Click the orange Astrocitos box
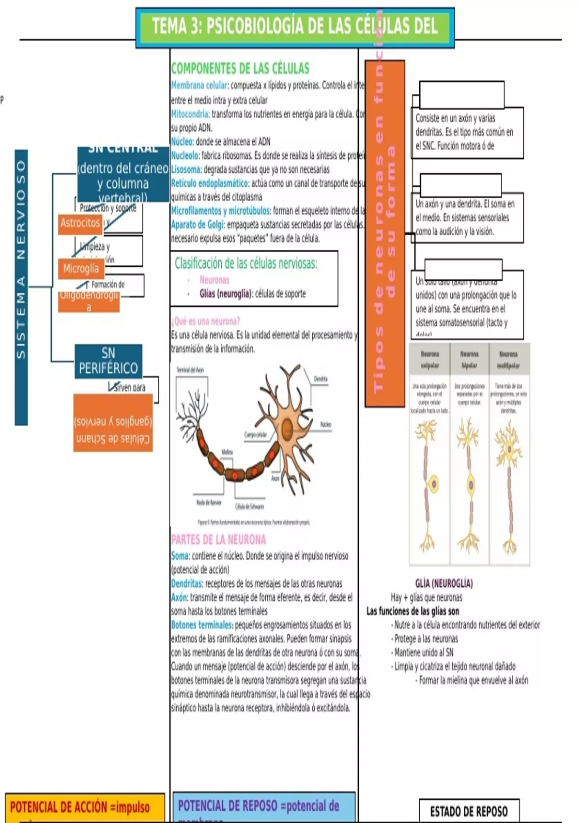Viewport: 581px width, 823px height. click(80, 223)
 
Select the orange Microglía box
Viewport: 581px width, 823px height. click(81, 269)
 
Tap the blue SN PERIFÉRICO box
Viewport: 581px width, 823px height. click(108, 361)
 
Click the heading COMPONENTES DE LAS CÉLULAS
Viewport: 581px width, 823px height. click(240, 68)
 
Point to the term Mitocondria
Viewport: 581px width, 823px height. click(189, 114)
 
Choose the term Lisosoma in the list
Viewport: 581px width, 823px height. click(185, 169)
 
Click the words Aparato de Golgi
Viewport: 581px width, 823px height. click(198, 225)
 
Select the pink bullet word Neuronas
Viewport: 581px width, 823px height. click(214, 280)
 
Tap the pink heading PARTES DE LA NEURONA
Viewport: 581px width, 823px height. click(218, 540)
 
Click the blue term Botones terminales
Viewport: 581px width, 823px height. click(202, 625)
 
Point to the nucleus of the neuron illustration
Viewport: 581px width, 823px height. click(288, 428)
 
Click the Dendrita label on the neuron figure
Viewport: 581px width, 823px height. click(321, 379)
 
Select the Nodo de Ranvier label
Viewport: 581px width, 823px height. click(209, 503)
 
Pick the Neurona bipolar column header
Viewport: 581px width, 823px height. click(469, 360)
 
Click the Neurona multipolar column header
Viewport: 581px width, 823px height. click(508, 360)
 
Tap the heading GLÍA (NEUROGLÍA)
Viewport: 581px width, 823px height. click(444, 583)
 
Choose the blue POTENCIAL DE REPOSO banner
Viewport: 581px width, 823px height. click(264, 807)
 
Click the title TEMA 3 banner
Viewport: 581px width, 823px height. click(295, 27)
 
